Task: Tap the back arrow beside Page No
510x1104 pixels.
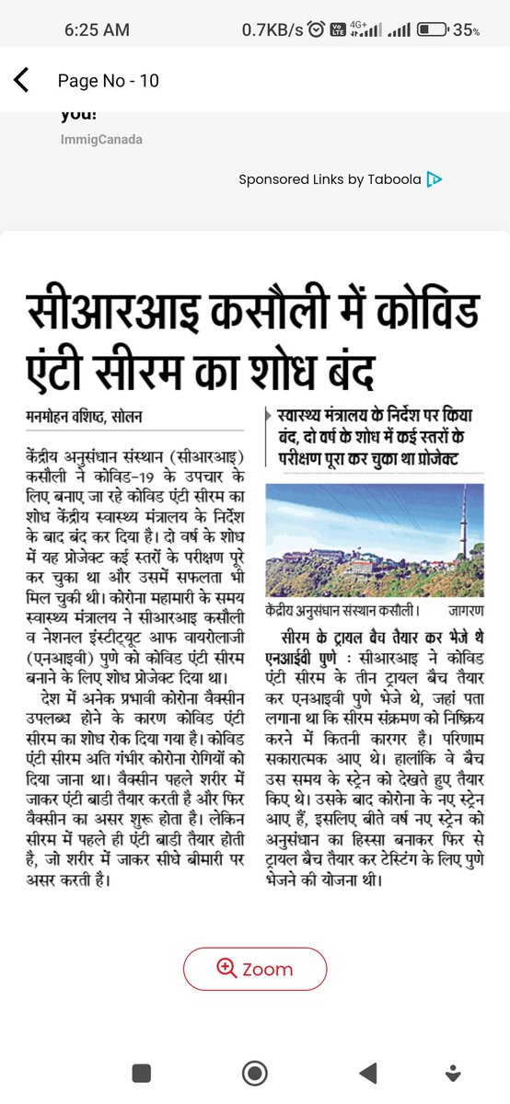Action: tap(21, 81)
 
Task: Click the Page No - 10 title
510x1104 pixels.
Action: tap(108, 81)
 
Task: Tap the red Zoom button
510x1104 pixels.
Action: tap(255, 969)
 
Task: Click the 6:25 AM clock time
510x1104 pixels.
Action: tap(98, 30)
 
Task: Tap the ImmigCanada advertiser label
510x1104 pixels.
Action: tap(101, 140)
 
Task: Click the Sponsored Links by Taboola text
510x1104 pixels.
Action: tap(330, 179)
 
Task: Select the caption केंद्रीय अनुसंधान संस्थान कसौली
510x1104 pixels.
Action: tap(341, 609)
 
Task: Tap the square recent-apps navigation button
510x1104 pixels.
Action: tap(141, 1072)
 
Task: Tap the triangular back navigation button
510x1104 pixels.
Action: tap(367, 1072)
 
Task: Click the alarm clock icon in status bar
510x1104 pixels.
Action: tap(317, 30)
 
